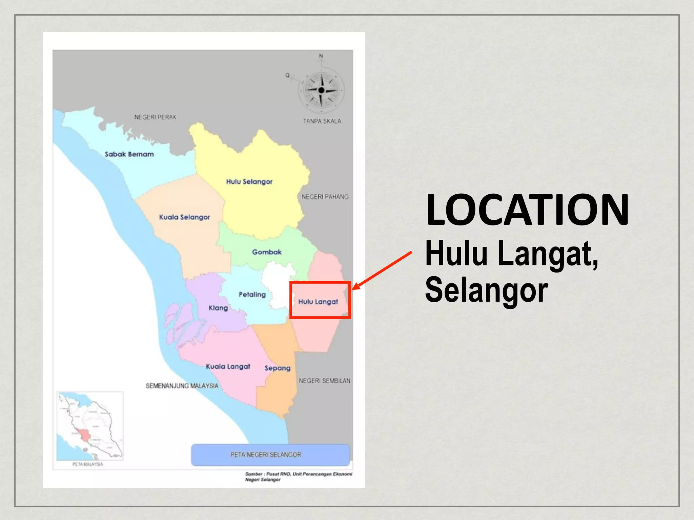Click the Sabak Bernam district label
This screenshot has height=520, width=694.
[x=129, y=154]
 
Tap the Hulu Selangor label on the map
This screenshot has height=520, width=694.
[x=249, y=182]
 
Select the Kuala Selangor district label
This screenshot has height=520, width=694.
[x=184, y=217]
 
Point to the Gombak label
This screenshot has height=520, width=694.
[x=267, y=252]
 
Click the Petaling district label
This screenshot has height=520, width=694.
[x=252, y=295]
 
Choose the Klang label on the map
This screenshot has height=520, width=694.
[x=218, y=308]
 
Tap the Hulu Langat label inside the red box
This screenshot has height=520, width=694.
[x=318, y=302]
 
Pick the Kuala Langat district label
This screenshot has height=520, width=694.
[x=228, y=367]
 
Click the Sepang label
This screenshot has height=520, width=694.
[x=277, y=368]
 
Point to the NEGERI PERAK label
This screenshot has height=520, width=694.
[x=155, y=117]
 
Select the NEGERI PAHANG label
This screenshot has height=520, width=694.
[x=325, y=197]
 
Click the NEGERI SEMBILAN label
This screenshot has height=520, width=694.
[x=324, y=381]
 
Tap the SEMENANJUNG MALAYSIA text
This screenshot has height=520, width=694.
[x=182, y=386]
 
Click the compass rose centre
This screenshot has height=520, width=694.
[x=321, y=90]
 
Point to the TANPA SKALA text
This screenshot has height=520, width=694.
[x=322, y=121]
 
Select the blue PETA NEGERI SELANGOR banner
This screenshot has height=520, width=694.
[x=270, y=455]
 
